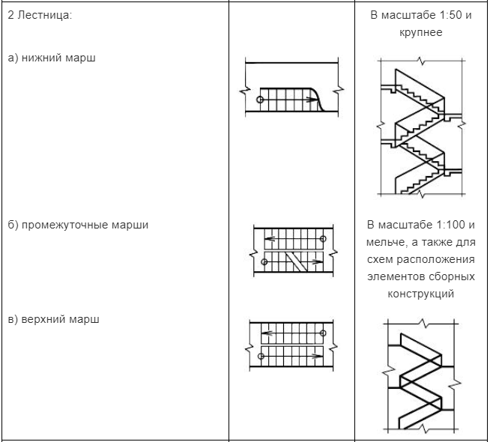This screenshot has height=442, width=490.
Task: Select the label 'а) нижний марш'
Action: pyautogui.click(x=52, y=58)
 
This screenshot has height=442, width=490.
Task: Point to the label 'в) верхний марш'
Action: pyautogui.click(x=53, y=319)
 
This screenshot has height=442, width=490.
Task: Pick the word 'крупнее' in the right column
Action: pyautogui.click(x=421, y=33)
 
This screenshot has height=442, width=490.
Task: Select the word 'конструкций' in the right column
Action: pyautogui.click(x=421, y=294)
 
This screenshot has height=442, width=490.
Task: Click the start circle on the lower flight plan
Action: pyautogui.click(x=259, y=99)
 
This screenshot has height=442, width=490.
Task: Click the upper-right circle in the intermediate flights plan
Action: pyautogui.click(x=323, y=239)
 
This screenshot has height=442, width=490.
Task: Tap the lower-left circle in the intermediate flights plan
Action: pyautogui.click(x=264, y=262)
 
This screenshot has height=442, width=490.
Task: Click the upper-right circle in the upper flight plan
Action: pyautogui.click(x=323, y=333)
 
